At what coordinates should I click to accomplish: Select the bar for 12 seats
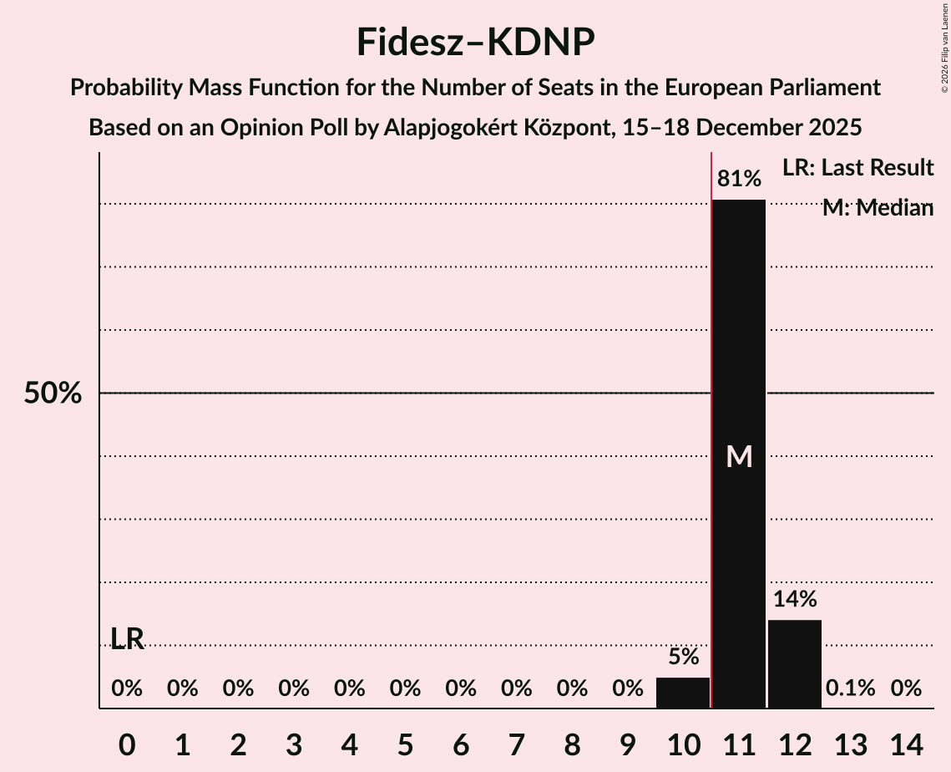coord(795,663)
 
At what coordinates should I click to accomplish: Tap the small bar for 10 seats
coord(683,693)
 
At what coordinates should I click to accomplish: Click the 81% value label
coord(739,179)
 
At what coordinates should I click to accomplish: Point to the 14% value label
coord(795,599)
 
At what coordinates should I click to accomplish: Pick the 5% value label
coord(683,657)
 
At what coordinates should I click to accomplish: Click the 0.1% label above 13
coord(850,688)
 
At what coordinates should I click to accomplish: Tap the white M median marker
coord(739,456)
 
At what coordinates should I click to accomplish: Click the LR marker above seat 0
coord(127,639)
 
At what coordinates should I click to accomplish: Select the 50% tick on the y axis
coord(53,394)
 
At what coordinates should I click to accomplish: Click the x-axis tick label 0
coord(127,744)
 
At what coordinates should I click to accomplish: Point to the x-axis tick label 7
coord(517,744)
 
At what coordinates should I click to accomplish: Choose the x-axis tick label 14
coord(906,744)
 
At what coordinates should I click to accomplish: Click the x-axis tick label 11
coord(739,744)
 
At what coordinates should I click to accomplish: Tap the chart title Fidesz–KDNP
coord(475,42)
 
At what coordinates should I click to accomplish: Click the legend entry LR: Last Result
coord(857,168)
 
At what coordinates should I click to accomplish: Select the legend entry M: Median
coord(878,208)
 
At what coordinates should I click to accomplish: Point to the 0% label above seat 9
coord(628,688)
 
